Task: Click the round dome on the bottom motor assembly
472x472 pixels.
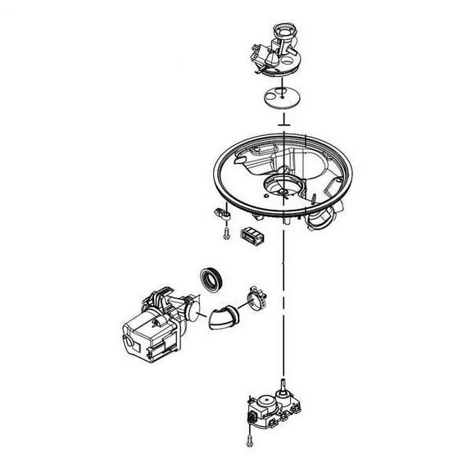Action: coord(265,406)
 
